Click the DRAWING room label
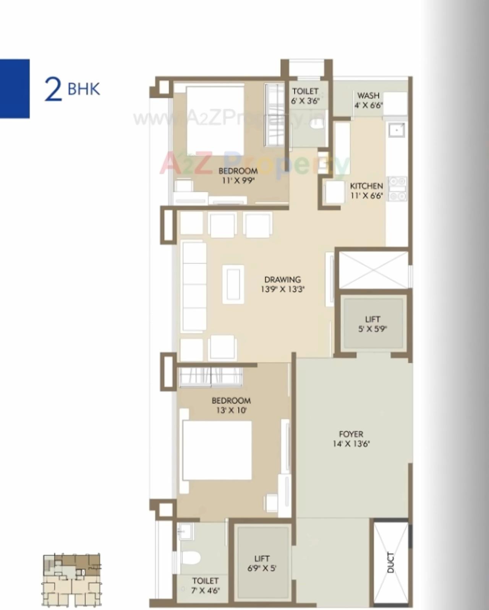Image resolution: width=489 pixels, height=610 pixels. point(282,279)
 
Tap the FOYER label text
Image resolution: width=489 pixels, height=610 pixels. point(351,434)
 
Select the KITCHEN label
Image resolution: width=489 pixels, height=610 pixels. point(366,186)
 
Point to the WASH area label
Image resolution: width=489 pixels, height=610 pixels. point(368,96)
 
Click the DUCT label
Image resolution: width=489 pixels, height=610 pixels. point(390,562)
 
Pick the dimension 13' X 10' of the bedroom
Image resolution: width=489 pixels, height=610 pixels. point(231,410)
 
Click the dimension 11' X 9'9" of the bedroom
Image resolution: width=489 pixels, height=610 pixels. point(238,180)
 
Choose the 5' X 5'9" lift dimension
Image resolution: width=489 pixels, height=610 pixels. point(372,329)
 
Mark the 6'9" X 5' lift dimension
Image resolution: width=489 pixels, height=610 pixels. point(262,568)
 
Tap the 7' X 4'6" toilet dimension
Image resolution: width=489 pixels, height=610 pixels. point(206,591)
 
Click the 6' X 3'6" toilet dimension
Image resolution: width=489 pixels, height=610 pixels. point(305,101)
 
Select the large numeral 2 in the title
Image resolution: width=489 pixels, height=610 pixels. point(53,89)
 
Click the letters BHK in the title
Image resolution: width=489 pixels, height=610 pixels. point(84,89)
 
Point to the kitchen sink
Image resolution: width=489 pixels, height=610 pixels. point(397,130)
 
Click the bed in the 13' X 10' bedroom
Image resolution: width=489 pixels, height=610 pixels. point(217,450)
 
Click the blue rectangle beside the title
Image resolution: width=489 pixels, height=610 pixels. point(15,89)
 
